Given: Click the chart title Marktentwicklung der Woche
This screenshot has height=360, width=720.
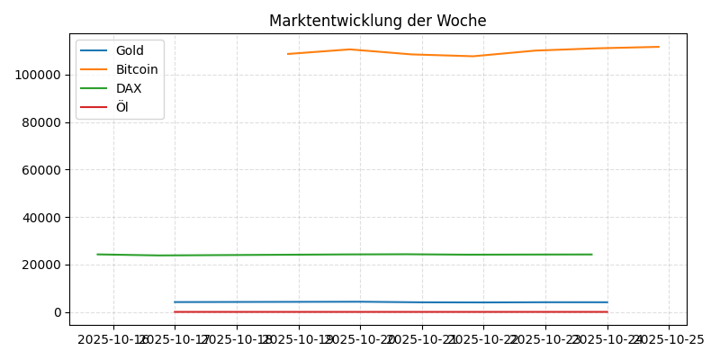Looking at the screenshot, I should (377, 21).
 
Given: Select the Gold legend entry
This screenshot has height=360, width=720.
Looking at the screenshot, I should (130, 50).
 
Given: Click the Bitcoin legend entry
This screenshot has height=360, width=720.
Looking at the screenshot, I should (136, 69).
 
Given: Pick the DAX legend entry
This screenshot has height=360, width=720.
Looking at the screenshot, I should (128, 88).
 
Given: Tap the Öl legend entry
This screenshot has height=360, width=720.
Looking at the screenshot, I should (121, 107).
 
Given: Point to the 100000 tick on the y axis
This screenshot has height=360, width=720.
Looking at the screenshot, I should (39, 75).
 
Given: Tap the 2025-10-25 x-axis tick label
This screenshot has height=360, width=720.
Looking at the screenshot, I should (668, 339).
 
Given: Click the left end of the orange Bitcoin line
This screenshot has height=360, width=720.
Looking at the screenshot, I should (287, 54).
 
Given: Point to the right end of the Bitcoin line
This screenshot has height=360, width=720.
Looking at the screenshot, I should (659, 47).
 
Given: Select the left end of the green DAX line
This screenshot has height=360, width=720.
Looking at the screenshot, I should (97, 254).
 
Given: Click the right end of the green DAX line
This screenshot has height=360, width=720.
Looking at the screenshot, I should (592, 254).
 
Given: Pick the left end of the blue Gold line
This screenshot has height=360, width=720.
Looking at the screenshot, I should (175, 301).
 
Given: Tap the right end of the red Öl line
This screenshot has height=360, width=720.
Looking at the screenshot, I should (607, 311).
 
